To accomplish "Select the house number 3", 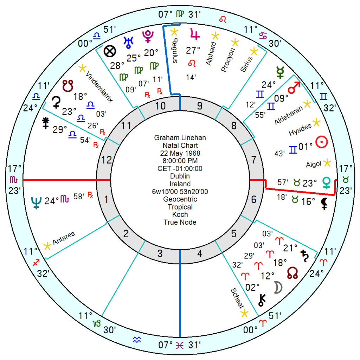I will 160,253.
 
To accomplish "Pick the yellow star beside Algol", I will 327,162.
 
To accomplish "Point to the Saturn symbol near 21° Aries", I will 304,255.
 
